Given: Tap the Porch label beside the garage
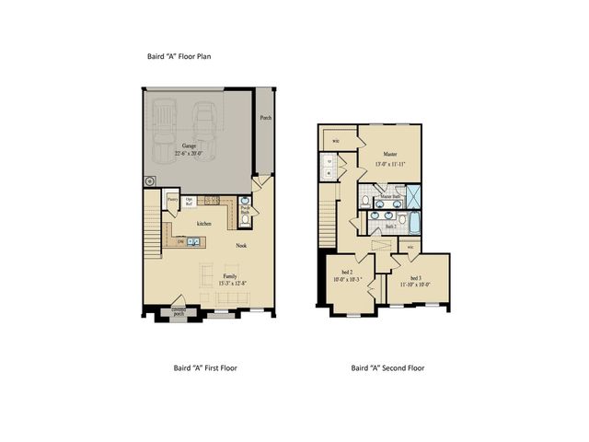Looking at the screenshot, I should click(x=265, y=118).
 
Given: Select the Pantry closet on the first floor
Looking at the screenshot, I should click(x=171, y=198).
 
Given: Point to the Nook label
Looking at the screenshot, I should click(x=242, y=246).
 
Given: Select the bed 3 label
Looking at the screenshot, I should click(x=414, y=277).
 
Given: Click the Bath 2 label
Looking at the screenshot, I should click(x=390, y=225).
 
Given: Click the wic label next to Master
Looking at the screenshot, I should click(x=336, y=141).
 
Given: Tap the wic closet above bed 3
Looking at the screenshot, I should click(x=410, y=247).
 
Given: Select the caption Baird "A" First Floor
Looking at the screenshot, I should click(x=206, y=367).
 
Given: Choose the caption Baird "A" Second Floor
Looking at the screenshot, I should click(x=387, y=367).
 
